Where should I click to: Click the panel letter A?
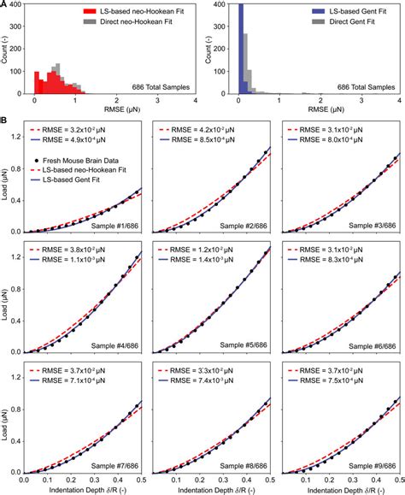point(4,4)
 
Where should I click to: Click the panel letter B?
point(4,121)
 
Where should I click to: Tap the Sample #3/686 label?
point(373,224)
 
